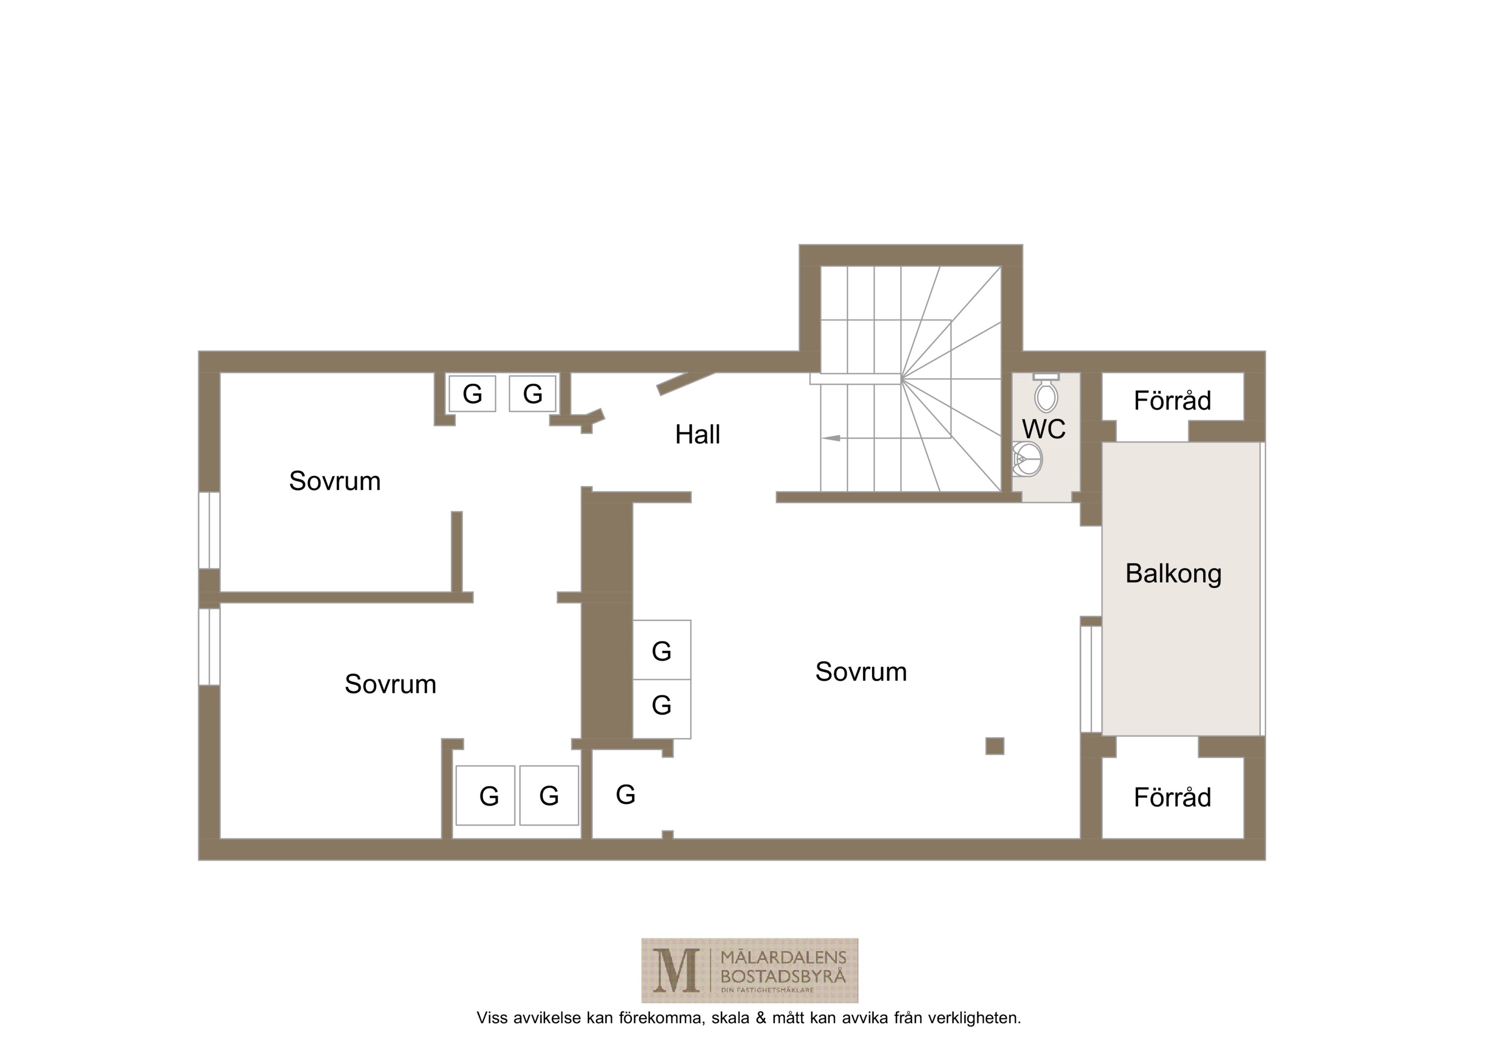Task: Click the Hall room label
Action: tap(698, 435)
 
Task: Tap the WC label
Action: tap(1043, 429)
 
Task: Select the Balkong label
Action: tap(1174, 574)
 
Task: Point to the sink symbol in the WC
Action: tap(1027, 459)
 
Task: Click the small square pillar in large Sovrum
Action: tap(994, 745)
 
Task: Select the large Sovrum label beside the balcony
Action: tap(861, 672)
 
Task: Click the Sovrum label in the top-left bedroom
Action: tap(335, 481)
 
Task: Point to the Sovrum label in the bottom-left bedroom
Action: tap(390, 684)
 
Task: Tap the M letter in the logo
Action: tap(676, 971)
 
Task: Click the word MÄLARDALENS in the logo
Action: tap(783, 958)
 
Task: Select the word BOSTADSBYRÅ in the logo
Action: tap(783, 977)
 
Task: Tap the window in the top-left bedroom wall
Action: tap(209, 530)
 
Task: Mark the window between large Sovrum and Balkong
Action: tap(1091, 679)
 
